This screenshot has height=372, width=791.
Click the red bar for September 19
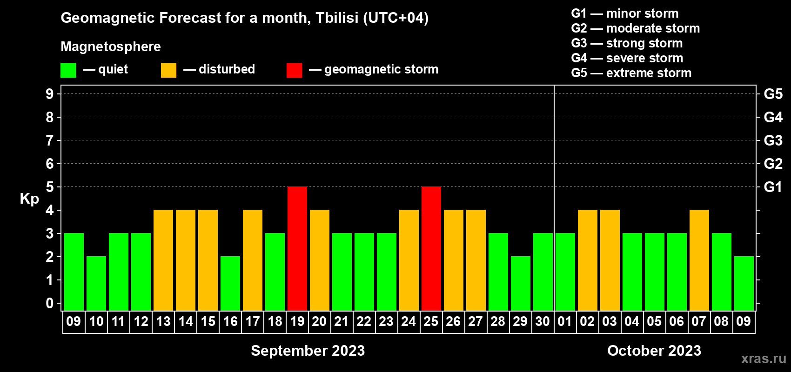(x=297, y=248)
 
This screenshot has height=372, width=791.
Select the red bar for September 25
(x=431, y=248)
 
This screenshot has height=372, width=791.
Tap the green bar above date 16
(x=230, y=283)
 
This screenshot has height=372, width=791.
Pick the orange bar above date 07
(x=699, y=260)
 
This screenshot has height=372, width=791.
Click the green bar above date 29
(x=521, y=283)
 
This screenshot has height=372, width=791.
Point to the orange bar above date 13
(x=163, y=260)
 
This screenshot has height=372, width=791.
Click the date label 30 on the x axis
(x=543, y=321)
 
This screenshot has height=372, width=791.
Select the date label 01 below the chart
(x=565, y=321)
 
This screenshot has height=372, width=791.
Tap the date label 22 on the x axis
(x=364, y=321)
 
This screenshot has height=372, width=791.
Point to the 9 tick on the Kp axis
(x=49, y=94)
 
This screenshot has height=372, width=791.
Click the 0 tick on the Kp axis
(x=49, y=303)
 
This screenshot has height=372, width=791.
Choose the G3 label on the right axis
(x=773, y=140)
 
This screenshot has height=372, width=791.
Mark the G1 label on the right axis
(x=773, y=187)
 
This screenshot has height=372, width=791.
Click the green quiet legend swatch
(x=68, y=70)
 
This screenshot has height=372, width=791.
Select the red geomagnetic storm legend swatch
(x=295, y=70)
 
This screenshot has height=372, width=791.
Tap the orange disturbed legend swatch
(x=168, y=70)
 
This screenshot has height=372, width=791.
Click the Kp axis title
(x=29, y=199)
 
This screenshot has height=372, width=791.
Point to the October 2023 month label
(x=654, y=351)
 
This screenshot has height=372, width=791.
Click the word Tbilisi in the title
(x=337, y=18)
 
